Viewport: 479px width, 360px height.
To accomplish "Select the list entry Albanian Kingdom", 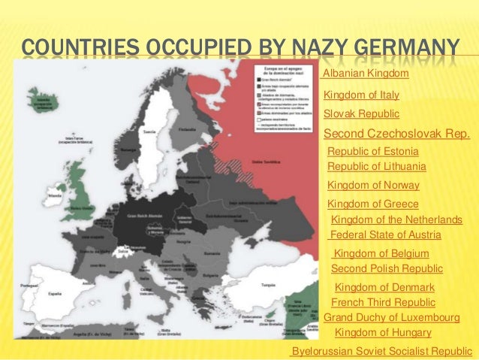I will click(365, 74).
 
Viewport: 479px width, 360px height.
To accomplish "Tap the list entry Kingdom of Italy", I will click(361, 95).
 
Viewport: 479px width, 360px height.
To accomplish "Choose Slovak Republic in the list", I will click(361, 114).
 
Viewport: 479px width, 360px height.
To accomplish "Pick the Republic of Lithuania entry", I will click(377, 166).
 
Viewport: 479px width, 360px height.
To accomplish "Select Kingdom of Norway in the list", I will click(373, 185).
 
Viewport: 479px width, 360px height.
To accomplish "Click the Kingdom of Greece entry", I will click(372, 204).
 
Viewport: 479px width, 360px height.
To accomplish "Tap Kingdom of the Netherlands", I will click(396, 219).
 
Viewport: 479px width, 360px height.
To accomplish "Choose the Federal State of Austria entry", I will click(385, 235).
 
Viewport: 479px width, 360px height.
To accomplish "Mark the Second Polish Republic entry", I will click(387, 268).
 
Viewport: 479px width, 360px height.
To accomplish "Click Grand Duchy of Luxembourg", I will click(390, 318).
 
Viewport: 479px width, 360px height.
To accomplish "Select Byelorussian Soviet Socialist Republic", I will click(381, 351).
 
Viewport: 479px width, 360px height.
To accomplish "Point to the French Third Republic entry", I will click(383, 302).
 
